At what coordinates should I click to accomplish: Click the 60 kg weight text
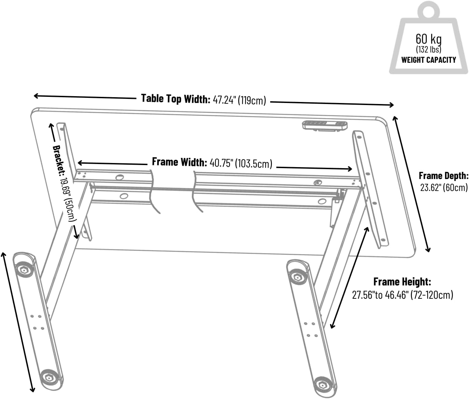point(429,39)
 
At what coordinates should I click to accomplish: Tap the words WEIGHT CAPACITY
point(429,60)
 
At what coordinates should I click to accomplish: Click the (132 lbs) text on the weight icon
point(429,49)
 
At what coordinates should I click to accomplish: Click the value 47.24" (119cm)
point(239,100)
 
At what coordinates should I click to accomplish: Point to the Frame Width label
point(179,162)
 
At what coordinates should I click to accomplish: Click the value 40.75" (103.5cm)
point(241,163)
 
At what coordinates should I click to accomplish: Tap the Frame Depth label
point(444,176)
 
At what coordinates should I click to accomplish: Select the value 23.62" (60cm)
point(444,188)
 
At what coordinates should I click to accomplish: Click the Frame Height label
point(402,282)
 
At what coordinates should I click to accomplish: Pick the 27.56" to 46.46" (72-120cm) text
point(402,295)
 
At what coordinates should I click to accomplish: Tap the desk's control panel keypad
point(325,125)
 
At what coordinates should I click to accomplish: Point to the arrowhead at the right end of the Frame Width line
point(349,169)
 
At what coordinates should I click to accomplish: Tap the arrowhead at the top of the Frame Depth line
point(395,119)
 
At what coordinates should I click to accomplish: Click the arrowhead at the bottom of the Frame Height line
point(332,325)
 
